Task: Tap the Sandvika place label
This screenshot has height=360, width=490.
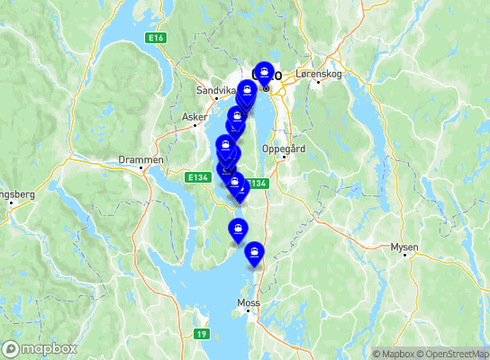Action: [x=214, y=91]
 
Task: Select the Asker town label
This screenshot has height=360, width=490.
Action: [x=193, y=117]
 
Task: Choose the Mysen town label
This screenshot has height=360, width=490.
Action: [x=404, y=246]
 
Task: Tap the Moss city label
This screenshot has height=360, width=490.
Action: [x=248, y=302]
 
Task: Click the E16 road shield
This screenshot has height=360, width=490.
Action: [x=157, y=38]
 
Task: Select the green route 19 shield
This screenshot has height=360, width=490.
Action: [x=201, y=334]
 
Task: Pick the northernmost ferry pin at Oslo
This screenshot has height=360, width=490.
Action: [x=265, y=72]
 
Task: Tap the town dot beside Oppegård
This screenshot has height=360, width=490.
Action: [x=285, y=157]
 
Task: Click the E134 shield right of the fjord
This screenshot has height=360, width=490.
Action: [x=258, y=184]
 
